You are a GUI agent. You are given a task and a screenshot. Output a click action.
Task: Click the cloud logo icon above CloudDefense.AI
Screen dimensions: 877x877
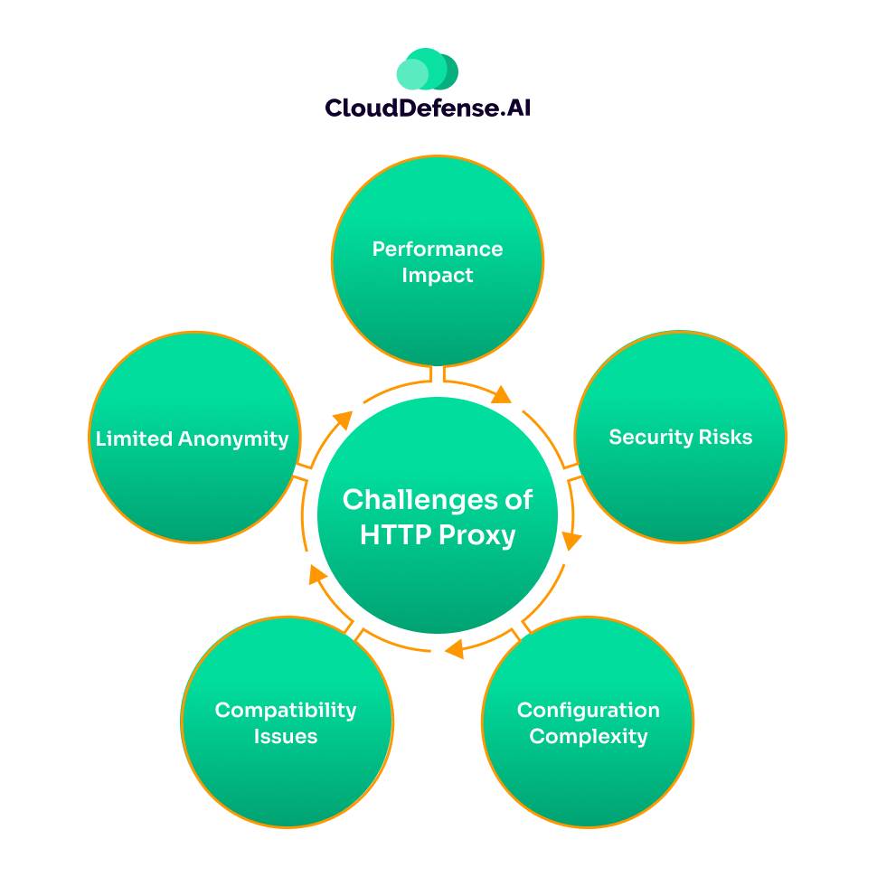(427, 70)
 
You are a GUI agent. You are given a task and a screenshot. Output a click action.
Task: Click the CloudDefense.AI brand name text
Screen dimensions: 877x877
(428, 108)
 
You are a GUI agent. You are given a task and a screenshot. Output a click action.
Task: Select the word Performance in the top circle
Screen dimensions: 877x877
(438, 249)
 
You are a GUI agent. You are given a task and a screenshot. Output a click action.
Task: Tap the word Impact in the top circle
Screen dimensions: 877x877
(438, 276)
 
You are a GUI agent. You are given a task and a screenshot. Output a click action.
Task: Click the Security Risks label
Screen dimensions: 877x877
(680, 438)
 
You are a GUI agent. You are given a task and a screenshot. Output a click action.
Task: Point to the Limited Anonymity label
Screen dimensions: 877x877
(192, 439)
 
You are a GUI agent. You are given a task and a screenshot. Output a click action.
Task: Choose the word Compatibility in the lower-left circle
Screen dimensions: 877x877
(286, 710)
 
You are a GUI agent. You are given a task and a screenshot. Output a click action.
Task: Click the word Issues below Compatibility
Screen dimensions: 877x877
(286, 737)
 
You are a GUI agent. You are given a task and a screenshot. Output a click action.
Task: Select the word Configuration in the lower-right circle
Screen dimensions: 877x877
(588, 710)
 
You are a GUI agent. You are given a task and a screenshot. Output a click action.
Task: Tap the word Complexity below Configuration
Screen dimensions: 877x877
(588, 737)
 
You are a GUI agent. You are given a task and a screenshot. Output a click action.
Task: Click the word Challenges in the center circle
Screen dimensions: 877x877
(438, 500)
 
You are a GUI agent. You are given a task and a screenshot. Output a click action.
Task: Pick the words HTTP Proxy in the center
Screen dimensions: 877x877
(438, 535)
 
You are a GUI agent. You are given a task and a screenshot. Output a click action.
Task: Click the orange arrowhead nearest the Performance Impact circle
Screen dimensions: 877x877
(503, 396)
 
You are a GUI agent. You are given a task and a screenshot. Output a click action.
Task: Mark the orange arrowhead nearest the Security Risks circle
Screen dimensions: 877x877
(571, 541)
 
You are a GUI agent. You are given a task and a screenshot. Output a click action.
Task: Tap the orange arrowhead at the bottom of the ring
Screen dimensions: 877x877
(455, 648)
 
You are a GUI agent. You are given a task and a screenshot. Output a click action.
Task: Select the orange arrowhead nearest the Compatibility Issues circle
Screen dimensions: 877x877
(313, 573)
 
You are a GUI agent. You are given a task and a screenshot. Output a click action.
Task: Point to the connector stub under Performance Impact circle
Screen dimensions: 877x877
(438, 373)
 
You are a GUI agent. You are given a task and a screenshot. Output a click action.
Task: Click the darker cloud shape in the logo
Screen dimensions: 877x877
(445, 70)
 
